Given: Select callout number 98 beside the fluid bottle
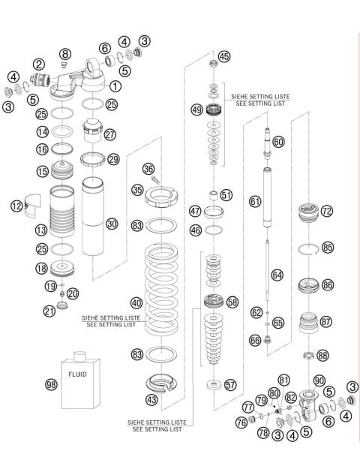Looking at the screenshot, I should click(51, 384).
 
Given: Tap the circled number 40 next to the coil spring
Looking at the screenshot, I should click(136, 303).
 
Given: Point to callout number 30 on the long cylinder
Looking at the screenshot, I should click(112, 223).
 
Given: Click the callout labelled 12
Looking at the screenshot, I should click(16, 204).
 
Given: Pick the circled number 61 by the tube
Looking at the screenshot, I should click(255, 201).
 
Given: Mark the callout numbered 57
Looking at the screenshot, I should click(229, 384).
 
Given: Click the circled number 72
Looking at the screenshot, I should click(326, 212).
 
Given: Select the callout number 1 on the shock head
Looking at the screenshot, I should click(115, 86).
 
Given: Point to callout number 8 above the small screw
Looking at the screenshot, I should click(65, 53).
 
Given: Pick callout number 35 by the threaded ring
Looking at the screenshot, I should click(136, 190).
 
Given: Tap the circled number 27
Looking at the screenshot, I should click(112, 135).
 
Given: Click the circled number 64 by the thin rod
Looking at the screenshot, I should click(277, 275).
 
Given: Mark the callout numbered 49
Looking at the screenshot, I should click(197, 110).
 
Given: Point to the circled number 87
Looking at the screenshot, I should click(326, 321).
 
